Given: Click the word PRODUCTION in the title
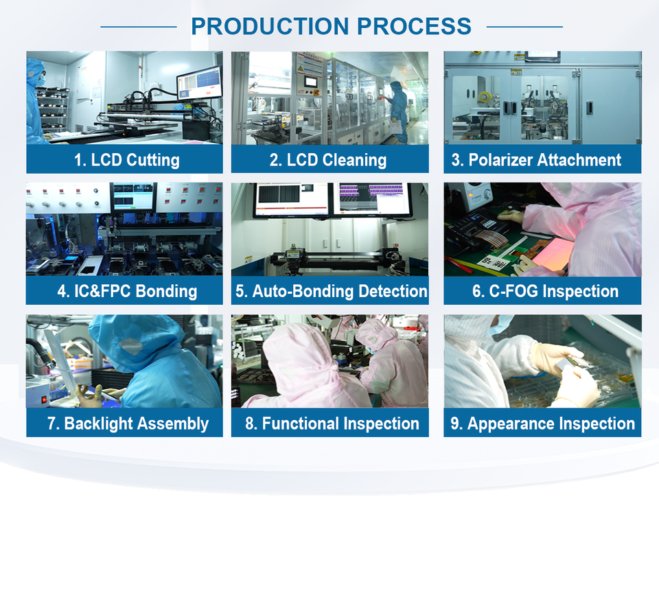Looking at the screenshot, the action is click(x=270, y=26).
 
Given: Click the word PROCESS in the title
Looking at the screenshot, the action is click(x=415, y=26).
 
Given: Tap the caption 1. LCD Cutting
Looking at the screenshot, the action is click(x=126, y=160).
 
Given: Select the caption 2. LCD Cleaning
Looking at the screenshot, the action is click(x=328, y=160).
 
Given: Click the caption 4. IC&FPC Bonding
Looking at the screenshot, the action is click(x=127, y=291).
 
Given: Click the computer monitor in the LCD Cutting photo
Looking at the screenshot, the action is click(x=199, y=82).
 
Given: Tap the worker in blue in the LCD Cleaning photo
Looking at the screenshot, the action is click(x=398, y=112).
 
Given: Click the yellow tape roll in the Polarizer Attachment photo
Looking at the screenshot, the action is click(x=485, y=97).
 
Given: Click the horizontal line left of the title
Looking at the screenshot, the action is click(x=139, y=27).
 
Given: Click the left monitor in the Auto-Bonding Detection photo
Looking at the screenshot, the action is click(x=291, y=200).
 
